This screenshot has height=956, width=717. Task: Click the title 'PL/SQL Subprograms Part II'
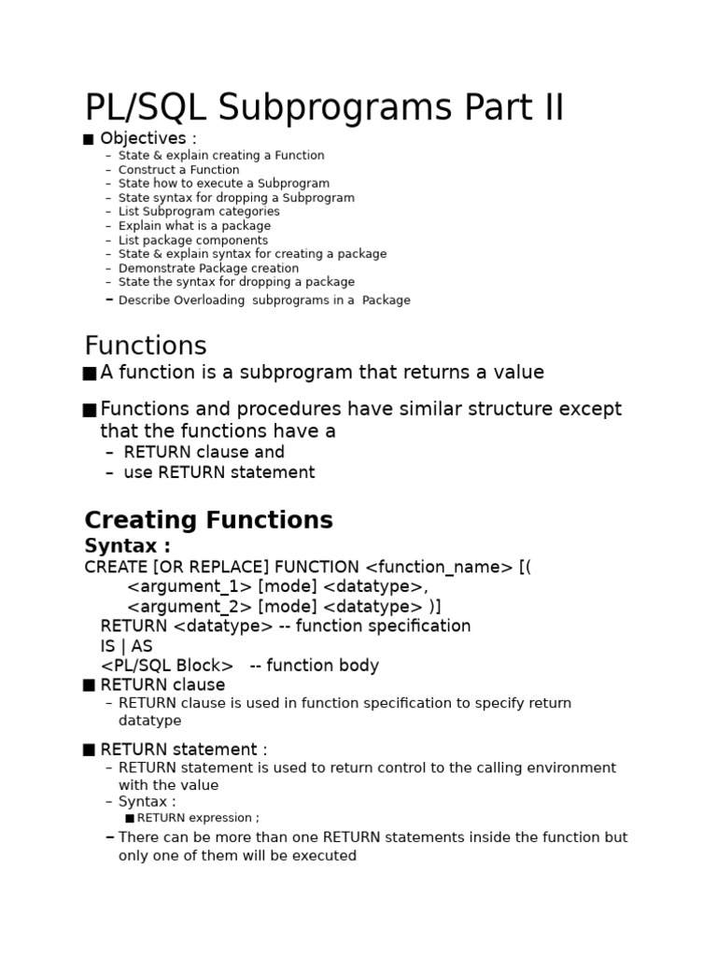[324, 108]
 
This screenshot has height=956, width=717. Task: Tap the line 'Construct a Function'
[178, 170]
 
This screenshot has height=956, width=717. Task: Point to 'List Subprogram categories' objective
[199, 212]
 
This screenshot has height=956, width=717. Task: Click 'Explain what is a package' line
[194, 226]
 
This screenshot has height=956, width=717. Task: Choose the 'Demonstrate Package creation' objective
[208, 268]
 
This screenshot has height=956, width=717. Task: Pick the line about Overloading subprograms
[264, 301]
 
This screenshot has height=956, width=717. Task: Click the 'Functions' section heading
[145, 346]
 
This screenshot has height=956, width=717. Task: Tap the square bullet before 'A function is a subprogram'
[90, 373]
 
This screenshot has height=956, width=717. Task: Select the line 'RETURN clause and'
[204, 452]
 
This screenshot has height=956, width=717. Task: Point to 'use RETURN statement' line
[218, 472]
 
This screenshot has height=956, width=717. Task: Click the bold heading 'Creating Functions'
[208, 520]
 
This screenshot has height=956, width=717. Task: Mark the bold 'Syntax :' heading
[128, 546]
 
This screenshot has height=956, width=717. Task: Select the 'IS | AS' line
[126, 646]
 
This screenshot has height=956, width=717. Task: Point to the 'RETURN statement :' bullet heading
[183, 750]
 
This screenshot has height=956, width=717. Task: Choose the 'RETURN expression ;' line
[198, 818]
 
